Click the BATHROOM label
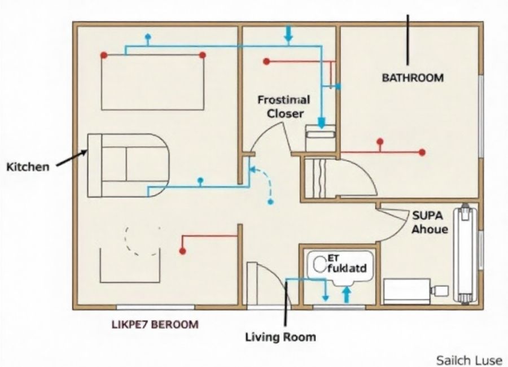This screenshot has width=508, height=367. coord(413,78)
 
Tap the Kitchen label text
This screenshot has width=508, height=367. coord(28,167)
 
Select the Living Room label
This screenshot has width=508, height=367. coord(280,337)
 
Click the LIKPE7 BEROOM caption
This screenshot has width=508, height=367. coord(155,325)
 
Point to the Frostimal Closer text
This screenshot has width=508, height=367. coord(284,107)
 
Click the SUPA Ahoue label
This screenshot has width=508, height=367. coord(430,222)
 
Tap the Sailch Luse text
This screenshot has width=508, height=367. coord(468,360)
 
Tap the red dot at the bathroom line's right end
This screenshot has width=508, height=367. coord(422,152)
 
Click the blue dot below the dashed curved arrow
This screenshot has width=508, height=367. coord(270,202)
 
